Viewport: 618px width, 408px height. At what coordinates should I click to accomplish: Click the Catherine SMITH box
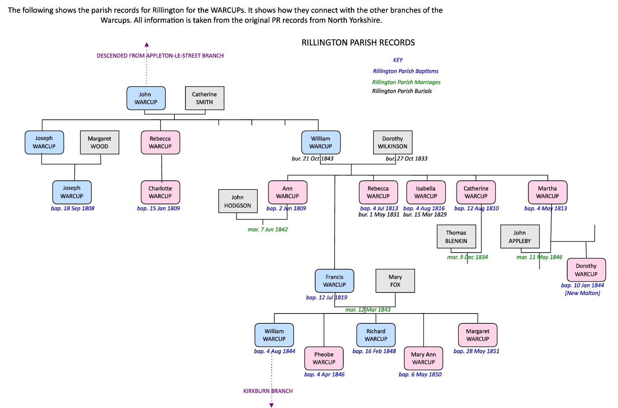click(205, 98)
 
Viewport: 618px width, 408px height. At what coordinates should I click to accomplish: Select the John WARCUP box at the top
click(146, 98)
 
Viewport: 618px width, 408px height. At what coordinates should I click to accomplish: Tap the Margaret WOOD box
click(100, 142)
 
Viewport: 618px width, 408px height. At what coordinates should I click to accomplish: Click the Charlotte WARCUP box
click(160, 192)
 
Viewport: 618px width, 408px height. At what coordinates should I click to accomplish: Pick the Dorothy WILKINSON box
click(392, 142)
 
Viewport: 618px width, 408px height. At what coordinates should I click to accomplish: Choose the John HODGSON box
click(238, 201)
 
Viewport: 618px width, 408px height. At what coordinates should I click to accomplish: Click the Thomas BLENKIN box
click(456, 237)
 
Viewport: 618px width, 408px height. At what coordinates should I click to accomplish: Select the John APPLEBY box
click(520, 237)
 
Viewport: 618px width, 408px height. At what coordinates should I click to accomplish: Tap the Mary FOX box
click(395, 281)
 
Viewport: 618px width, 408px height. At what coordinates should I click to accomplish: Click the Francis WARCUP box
click(335, 281)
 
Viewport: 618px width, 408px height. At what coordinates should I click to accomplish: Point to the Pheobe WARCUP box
click(324, 358)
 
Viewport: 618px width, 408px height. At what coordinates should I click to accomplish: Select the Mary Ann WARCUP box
click(424, 358)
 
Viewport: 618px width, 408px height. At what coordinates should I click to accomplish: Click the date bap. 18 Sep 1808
click(73, 208)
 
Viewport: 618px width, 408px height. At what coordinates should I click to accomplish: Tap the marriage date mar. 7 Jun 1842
click(268, 229)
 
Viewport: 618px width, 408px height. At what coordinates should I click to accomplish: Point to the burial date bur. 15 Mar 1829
click(425, 215)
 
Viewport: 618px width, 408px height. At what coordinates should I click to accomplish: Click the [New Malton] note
click(583, 293)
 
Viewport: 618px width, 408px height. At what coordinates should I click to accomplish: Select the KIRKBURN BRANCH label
click(268, 391)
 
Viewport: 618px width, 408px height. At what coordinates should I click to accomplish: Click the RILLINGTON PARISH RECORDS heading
click(358, 43)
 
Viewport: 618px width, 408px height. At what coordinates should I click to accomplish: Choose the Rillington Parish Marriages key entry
click(406, 82)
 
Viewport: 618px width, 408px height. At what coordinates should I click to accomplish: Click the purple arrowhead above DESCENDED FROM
click(146, 45)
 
